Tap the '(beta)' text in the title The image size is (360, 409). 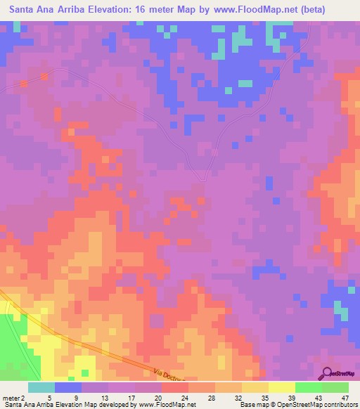(x=330, y=10)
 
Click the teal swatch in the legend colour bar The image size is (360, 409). (x=41, y=387)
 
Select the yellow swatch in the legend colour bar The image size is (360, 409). (x=281, y=387)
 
